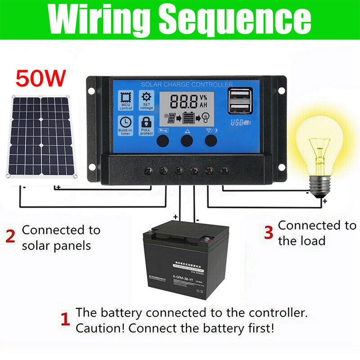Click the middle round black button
187,141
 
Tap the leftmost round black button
163,141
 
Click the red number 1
65,320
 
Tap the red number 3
268,233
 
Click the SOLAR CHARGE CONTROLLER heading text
187,85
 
